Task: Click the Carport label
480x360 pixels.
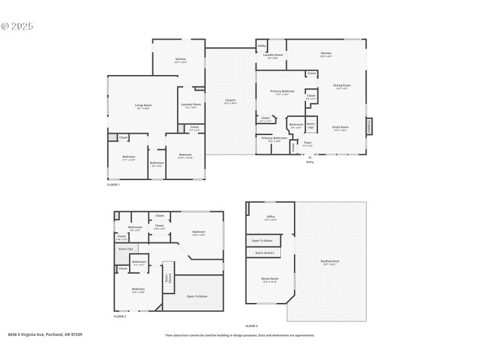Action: [230, 101]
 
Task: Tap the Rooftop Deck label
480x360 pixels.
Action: [330, 262]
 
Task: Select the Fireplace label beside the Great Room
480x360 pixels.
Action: [369, 127]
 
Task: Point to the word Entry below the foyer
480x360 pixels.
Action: [310, 162]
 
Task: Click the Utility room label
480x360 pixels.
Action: [262, 45]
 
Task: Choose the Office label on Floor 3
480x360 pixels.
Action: [270, 217]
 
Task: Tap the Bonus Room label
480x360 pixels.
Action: [270, 279]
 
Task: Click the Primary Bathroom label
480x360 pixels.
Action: [274, 139]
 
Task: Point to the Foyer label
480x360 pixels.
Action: [307, 143]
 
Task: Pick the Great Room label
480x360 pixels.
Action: [340, 127]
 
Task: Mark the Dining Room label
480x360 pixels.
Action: [342, 86]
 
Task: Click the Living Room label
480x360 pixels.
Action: [143, 106]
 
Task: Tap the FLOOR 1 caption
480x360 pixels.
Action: [113, 185]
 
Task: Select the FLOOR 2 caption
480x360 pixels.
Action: [120, 316]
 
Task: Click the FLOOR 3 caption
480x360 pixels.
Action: [251, 326]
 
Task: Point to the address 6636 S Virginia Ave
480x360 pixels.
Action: [45, 334]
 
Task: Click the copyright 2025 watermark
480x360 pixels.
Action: [17, 26]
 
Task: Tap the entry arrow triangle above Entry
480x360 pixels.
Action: [310, 157]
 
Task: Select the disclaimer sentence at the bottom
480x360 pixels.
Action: [239, 335]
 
